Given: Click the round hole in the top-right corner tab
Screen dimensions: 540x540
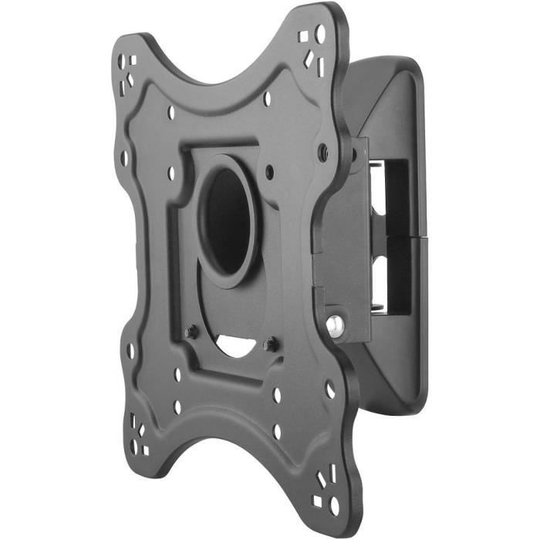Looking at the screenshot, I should point(319,33).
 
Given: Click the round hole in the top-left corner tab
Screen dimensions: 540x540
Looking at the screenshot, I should point(123,59).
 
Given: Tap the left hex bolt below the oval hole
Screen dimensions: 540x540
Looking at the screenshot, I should point(192,332).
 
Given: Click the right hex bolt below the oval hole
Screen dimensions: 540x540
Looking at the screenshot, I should point(268,344).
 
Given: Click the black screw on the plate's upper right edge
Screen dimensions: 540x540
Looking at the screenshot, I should point(322,153).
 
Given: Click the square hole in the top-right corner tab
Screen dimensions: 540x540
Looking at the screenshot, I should point(304,37).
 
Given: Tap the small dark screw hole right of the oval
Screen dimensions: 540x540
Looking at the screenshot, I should point(269,171).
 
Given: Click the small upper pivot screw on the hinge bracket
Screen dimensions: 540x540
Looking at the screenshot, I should point(353,154).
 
